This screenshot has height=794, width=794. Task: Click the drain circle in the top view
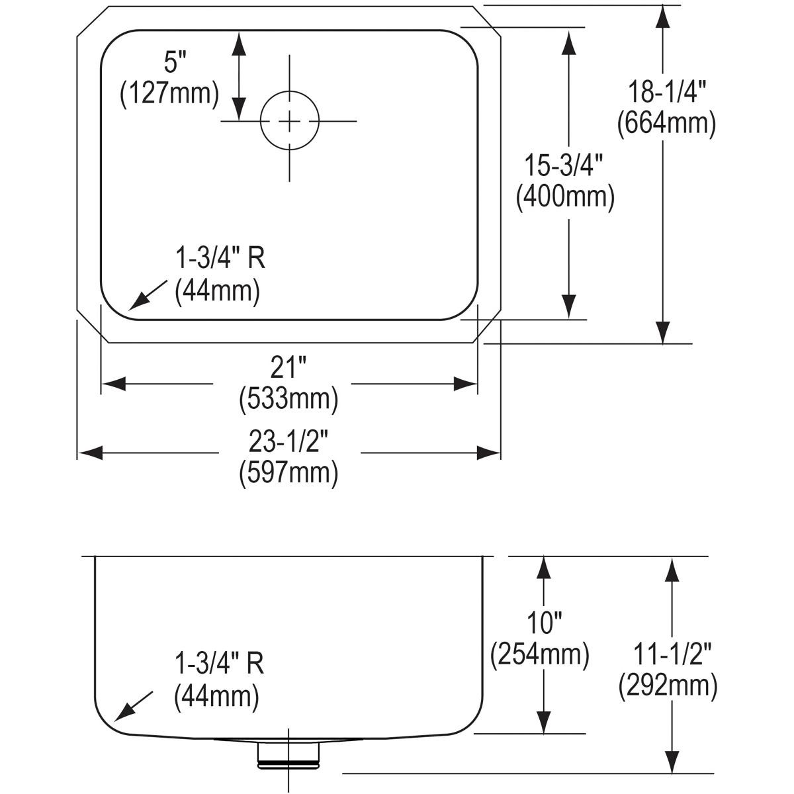(x=289, y=121)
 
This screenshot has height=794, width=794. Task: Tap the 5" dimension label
(x=171, y=64)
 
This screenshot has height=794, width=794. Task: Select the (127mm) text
(x=169, y=93)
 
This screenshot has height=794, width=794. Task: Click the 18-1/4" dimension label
(x=666, y=93)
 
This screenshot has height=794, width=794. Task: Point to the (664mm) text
(x=666, y=124)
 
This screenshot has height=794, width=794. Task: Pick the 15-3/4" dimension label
(x=566, y=165)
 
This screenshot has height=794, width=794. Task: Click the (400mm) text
(x=566, y=196)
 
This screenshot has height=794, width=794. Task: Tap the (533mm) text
(x=288, y=398)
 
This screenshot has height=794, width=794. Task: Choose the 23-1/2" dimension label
(x=288, y=441)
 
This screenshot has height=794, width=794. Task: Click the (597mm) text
(x=288, y=472)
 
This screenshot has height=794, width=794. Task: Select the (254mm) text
(x=540, y=654)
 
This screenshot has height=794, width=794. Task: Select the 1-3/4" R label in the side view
(x=219, y=664)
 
